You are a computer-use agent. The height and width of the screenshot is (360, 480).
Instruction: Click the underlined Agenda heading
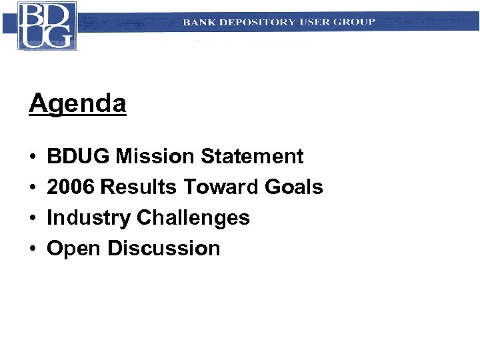pyautogui.click(x=77, y=104)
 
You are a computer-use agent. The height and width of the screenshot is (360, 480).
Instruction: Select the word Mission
pyautogui.click(x=155, y=157)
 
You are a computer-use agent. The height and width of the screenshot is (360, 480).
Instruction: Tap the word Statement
pyautogui.click(x=252, y=157)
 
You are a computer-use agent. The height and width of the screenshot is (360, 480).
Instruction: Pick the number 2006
pyautogui.click(x=71, y=187)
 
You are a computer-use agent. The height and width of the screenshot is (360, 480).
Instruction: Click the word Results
pyautogui.click(x=140, y=187)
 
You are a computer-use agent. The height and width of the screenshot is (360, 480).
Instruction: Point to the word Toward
pyautogui.click(x=221, y=187)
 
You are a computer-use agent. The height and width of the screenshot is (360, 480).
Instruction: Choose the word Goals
pyautogui.click(x=294, y=187)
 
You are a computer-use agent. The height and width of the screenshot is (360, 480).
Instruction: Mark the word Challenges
pyautogui.click(x=193, y=218)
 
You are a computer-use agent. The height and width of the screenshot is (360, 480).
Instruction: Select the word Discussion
pyautogui.click(x=163, y=249)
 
